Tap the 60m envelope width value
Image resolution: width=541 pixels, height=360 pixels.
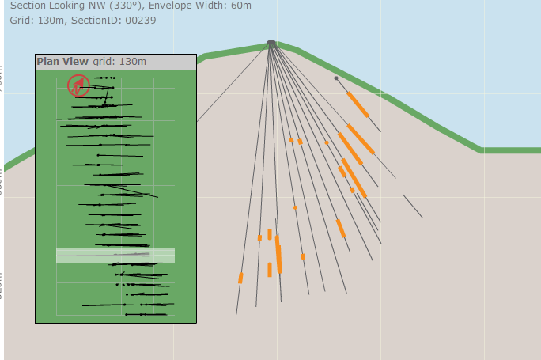pyautogui.click(x=240, y=6)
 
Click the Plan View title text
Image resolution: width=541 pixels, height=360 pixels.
pyautogui.click(x=62, y=61)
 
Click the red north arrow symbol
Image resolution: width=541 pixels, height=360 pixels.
pyautogui.click(x=78, y=85)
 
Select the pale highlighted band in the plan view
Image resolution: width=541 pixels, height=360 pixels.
pyautogui.click(x=115, y=255)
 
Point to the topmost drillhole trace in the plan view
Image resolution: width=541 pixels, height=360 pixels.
pyautogui.click(x=99, y=78)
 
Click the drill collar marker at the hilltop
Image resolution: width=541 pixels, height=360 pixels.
pyautogui.click(x=271, y=44)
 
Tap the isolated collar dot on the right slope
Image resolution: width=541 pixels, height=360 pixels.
pyautogui.click(x=336, y=78)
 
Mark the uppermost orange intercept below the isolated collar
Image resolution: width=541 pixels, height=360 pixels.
pyautogui.click(x=358, y=104)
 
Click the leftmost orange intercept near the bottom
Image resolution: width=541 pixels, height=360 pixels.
pyautogui.click(x=240, y=278)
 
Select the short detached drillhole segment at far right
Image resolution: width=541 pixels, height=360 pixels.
pyautogui.click(x=413, y=206)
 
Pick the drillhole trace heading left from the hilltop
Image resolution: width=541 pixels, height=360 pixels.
pyautogui.click(x=233, y=82)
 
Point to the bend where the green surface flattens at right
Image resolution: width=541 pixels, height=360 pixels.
pyautogui.click(x=481, y=149)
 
